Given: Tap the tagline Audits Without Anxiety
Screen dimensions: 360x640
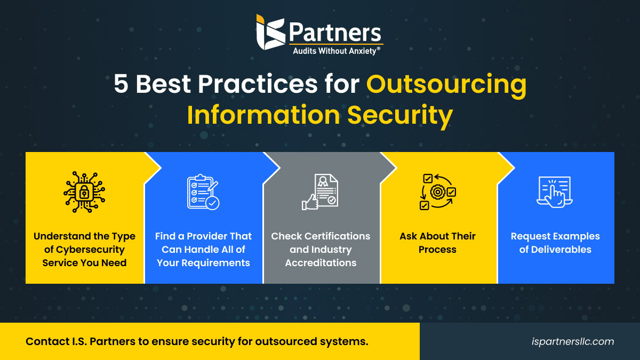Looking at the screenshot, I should coord(336,51).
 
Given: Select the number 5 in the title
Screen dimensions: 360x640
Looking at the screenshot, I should coord(122,85).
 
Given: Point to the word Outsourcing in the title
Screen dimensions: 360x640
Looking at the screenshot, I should coord(446,85).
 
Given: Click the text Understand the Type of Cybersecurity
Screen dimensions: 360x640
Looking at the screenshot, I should coord(85,243).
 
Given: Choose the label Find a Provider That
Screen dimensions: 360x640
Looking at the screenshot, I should coord(203,236).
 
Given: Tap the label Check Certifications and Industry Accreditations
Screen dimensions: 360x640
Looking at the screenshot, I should coord(321,249).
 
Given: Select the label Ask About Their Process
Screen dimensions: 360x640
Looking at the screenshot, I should coord(437,243).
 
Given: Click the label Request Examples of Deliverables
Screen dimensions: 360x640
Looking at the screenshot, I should coord(555,243).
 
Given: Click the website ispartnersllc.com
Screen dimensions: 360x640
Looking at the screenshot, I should coord(573,341).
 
